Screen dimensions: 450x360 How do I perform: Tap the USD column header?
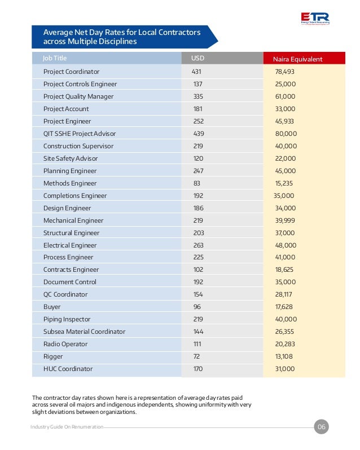197,58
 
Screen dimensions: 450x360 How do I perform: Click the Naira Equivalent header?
297,59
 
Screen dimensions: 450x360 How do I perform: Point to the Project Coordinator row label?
71,72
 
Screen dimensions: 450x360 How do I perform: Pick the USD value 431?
196,72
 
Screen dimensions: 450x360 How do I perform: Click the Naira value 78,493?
285,72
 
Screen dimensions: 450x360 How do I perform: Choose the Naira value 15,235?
284,183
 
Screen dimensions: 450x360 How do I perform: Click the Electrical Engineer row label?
70,245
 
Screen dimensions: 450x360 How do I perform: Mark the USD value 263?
198,245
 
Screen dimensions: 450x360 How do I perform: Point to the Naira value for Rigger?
284,356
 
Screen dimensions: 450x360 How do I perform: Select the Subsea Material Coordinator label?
84,332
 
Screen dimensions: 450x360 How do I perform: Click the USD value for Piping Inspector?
198,319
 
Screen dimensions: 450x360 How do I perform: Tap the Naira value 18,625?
284,270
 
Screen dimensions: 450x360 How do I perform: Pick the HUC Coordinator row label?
68,369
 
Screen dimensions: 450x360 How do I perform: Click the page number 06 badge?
321,427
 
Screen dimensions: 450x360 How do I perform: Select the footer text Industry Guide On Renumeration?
67,427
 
